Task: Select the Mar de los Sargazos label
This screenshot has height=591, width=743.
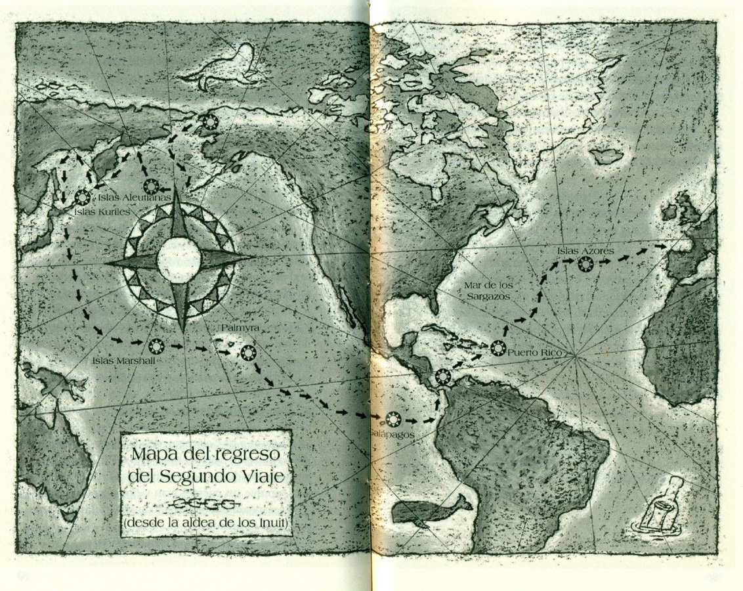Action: coord(488,291)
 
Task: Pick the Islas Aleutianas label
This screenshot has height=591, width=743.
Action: coord(134,196)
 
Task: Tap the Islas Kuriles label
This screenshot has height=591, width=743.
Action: coord(100,211)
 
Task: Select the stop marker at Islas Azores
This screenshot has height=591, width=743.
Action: coord(585,264)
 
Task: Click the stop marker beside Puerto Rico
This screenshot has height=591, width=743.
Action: coord(498,348)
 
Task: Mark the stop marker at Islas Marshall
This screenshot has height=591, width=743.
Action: coord(156,345)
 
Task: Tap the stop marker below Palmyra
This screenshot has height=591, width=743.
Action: coord(246,353)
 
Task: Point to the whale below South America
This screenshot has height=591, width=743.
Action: coord(430,511)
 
